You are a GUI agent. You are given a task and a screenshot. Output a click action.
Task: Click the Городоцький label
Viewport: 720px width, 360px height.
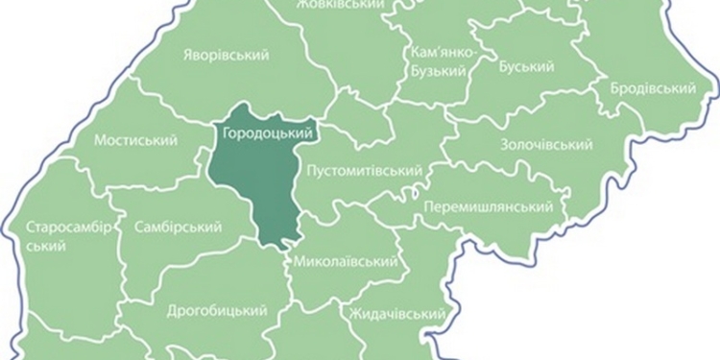click(256, 133)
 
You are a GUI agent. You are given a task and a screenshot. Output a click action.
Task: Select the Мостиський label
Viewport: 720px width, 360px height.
click(136, 140)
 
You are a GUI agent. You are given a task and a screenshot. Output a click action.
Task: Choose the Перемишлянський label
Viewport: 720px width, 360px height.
click(488, 207)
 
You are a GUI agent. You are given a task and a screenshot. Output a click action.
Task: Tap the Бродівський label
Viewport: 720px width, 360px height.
click(653, 88)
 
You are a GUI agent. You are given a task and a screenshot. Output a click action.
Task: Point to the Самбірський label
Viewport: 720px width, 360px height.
click(179, 228)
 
